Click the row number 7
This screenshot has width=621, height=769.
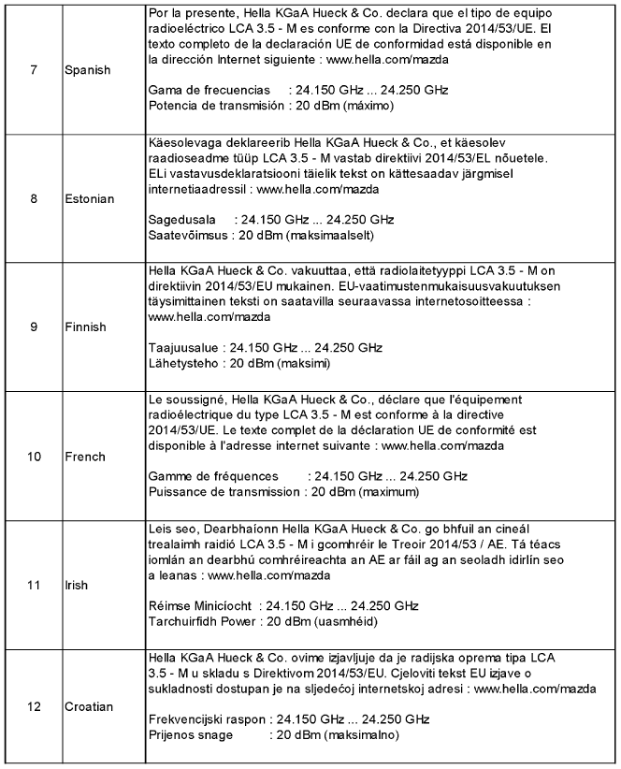click(x=35, y=71)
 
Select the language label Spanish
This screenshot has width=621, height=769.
click(x=88, y=71)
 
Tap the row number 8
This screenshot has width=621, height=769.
click(x=35, y=199)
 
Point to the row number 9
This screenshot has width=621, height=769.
click(x=35, y=327)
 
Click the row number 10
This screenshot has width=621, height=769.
click(x=35, y=457)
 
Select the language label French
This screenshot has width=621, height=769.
click(x=86, y=457)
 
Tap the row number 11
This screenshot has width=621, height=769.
click(x=35, y=586)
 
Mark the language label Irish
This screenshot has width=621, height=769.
click(x=78, y=586)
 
